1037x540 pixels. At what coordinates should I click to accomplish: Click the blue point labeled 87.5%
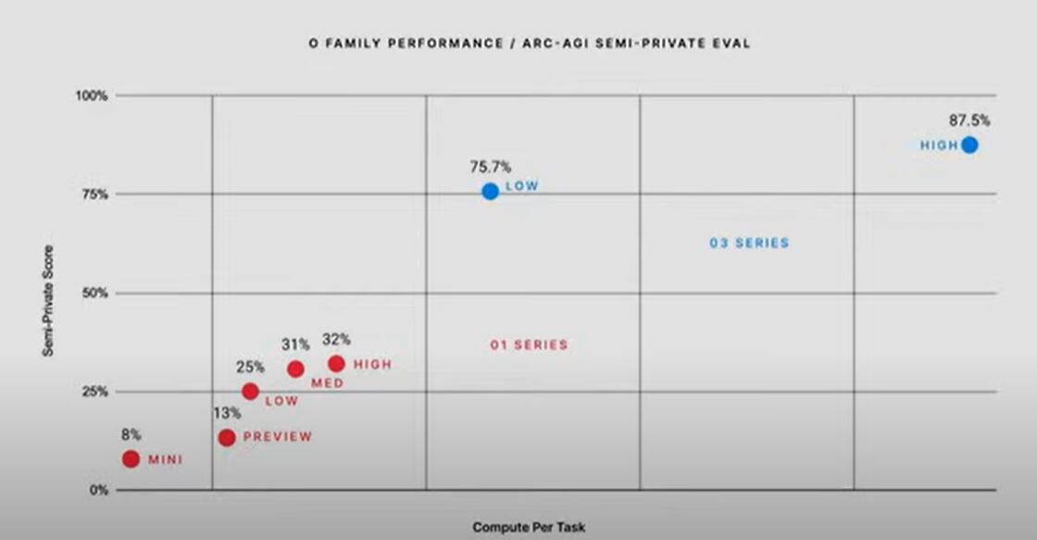pos(969,144)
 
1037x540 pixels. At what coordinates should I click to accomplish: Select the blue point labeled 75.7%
pos(490,191)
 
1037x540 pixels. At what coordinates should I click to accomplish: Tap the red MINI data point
pos(131,458)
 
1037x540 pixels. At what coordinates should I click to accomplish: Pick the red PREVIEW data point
pos(226,437)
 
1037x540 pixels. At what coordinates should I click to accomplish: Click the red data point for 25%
pos(250,391)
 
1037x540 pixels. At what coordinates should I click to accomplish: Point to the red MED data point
pos(295,369)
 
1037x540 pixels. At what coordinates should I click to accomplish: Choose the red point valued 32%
pos(336,364)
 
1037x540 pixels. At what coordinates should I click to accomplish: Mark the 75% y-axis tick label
pos(96,195)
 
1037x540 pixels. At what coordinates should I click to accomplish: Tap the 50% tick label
pos(96,293)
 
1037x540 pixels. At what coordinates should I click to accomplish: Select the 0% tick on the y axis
pos(100,490)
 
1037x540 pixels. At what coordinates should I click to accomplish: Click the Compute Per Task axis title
pos(529,527)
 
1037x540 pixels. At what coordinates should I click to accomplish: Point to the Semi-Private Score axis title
pos(47,301)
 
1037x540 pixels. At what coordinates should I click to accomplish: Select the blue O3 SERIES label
pos(749,243)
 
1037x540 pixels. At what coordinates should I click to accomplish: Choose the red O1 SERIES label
pos(529,345)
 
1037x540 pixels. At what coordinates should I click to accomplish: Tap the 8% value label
pos(130,433)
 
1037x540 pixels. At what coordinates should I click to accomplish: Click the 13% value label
pos(228,412)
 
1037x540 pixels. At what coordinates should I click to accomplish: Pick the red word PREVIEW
pos(278,437)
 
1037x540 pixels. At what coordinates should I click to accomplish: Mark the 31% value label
pos(295,345)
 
